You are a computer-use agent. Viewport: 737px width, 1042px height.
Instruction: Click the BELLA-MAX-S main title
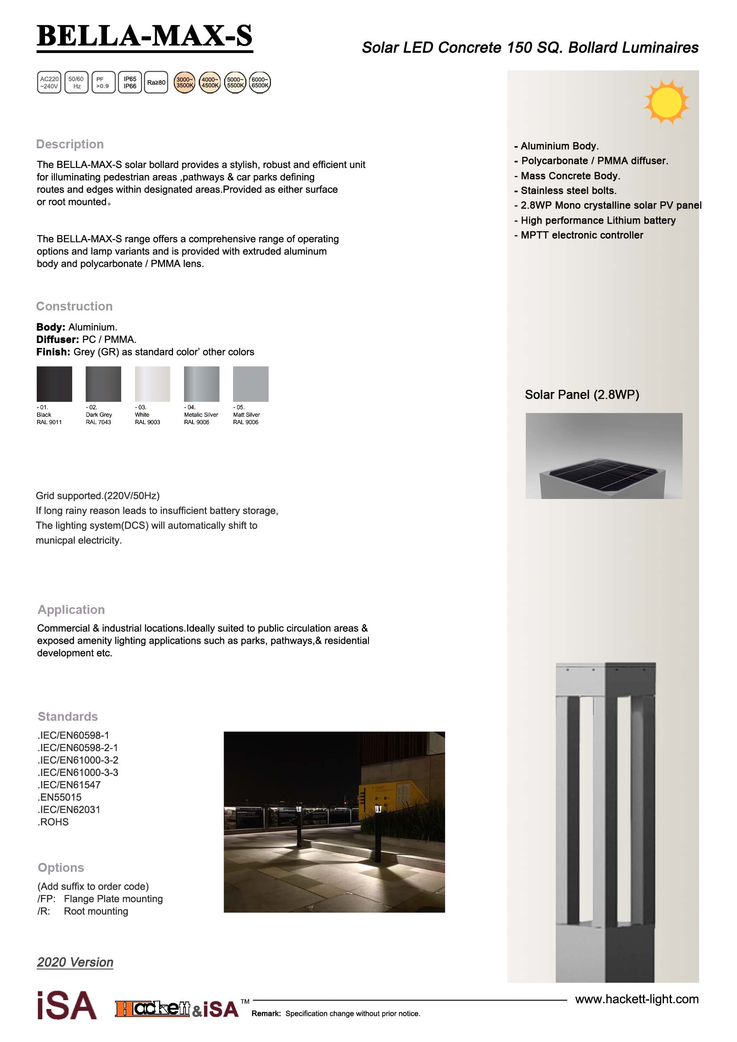click(144, 36)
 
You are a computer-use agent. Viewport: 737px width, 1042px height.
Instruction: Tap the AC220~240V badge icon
click(49, 82)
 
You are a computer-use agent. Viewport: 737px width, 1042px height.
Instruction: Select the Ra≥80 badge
click(156, 82)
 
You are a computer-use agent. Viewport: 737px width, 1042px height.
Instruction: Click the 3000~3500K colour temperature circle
click(185, 82)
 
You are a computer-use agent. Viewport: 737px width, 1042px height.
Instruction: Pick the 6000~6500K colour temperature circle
click(260, 82)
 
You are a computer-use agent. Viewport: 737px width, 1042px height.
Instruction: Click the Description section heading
click(70, 144)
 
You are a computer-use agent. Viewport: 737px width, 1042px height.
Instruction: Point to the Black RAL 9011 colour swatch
click(54, 384)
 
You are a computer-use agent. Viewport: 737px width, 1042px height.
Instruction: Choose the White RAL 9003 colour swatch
click(152, 384)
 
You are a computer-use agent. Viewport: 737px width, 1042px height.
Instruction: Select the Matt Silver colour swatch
click(250, 384)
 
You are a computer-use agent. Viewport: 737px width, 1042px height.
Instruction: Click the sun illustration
click(666, 102)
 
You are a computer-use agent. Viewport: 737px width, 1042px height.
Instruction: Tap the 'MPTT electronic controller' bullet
click(581, 235)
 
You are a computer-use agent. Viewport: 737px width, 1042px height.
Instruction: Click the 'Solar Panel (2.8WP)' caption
click(582, 395)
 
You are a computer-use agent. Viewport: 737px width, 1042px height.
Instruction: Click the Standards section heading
click(68, 717)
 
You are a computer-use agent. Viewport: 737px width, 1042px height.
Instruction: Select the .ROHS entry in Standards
click(53, 822)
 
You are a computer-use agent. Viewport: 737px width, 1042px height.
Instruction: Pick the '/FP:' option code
click(46, 899)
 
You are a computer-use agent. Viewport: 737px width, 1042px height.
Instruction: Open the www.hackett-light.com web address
click(637, 999)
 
